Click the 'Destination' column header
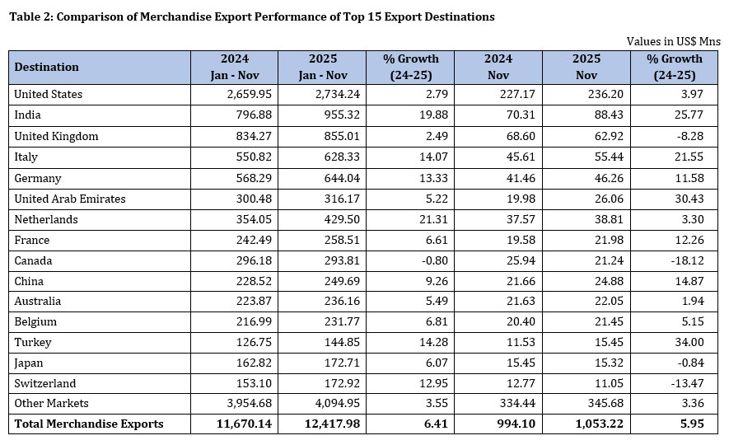coord(47,67)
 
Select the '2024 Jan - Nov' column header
coord(234,67)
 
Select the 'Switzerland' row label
coord(44,383)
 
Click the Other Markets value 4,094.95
coord(325,403)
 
